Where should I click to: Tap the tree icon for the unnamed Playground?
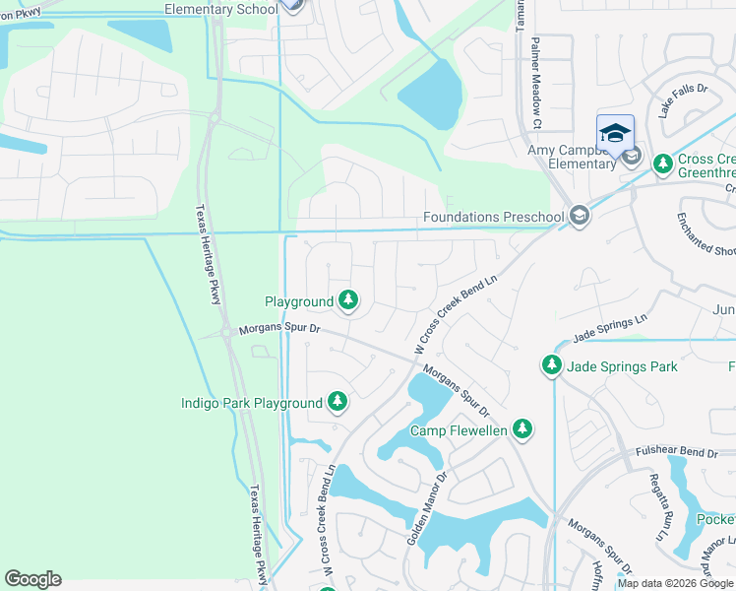coord(348,300)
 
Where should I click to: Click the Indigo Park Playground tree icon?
coord(337,402)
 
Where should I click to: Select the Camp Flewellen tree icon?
coord(523,429)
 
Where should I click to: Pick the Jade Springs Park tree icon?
coord(552,366)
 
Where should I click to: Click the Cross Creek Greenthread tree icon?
coord(663,162)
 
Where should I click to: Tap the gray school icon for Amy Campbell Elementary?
coord(632,157)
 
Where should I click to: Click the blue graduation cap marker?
coord(615,133)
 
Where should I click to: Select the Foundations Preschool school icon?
coord(581,216)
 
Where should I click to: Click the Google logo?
coord(32,579)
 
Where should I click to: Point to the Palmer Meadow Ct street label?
coord(536,84)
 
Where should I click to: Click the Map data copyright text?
coord(675,583)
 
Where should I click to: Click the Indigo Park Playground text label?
coord(251,403)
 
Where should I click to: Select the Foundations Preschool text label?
coord(493,217)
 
